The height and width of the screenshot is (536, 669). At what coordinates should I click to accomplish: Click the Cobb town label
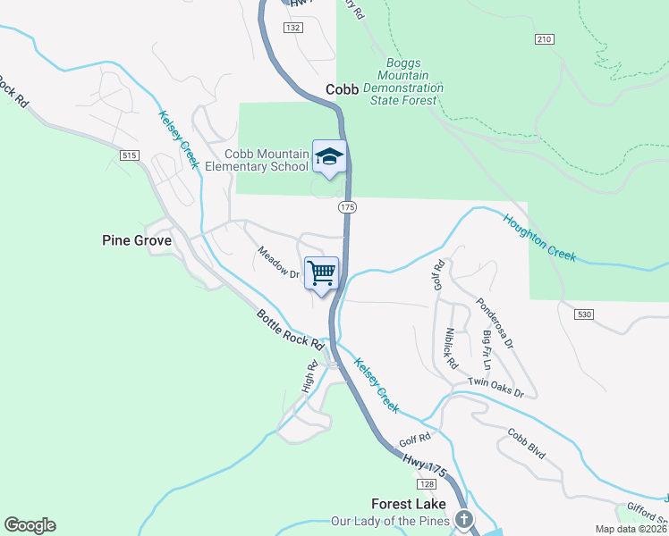click(342, 89)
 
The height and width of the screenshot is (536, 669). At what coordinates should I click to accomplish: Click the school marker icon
click(329, 156)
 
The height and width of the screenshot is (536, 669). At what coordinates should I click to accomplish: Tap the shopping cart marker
click(321, 272)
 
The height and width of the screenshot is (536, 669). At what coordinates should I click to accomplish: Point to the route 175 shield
click(348, 207)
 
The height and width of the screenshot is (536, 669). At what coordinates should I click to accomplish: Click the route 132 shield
click(292, 29)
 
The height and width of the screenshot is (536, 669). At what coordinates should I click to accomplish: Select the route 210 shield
click(545, 39)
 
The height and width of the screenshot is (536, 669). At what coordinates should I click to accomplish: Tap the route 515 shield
click(130, 155)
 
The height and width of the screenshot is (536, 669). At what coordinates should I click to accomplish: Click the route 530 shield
click(585, 315)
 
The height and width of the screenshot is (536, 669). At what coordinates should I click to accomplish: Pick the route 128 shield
click(426, 483)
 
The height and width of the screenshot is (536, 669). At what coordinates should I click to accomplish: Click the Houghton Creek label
click(538, 237)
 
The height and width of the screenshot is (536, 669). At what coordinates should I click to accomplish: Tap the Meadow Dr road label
click(278, 263)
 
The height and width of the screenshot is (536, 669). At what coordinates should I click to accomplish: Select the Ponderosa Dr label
click(495, 322)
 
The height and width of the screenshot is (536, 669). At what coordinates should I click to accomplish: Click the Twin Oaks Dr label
click(495, 388)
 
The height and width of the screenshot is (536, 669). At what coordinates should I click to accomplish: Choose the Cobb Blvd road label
click(526, 444)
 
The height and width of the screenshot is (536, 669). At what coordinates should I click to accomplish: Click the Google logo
click(30, 525)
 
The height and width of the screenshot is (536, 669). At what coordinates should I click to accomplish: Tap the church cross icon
click(463, 519)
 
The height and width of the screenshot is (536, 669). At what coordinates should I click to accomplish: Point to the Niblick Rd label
click(451, 349)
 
